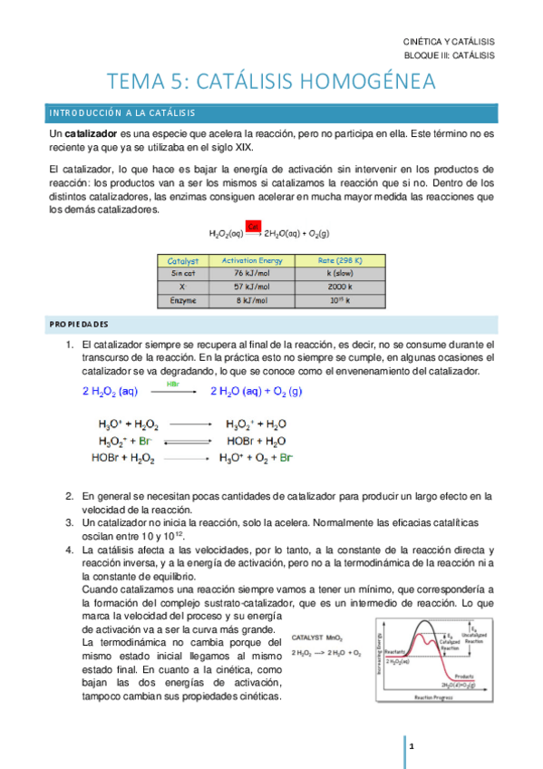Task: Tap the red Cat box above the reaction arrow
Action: click(254, 226)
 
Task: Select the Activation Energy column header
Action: click(252, 260)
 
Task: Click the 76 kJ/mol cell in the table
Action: click(252, 273)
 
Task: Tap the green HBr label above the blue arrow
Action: click(173, 384)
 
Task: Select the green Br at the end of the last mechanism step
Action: click(286, 459)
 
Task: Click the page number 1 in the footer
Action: click(412, 745)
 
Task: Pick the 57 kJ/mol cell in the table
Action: click(252, 287)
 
